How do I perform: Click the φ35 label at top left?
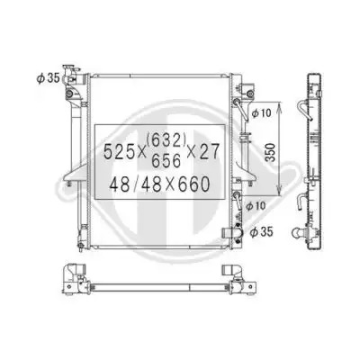[x=48, y=78]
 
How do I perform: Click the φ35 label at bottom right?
[x=262, y=231]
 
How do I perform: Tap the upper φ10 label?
[x=261, y=113]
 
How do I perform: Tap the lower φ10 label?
[x=256, y=206]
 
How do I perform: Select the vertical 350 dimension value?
[x=271, y=152]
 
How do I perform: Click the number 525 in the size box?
[x=118, y=151]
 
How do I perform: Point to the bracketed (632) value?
[x=166, y=139]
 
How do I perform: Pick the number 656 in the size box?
[x=166, y=160]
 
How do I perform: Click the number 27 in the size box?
[x=210, y=151]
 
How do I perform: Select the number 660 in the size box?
[x=194, y=184]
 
